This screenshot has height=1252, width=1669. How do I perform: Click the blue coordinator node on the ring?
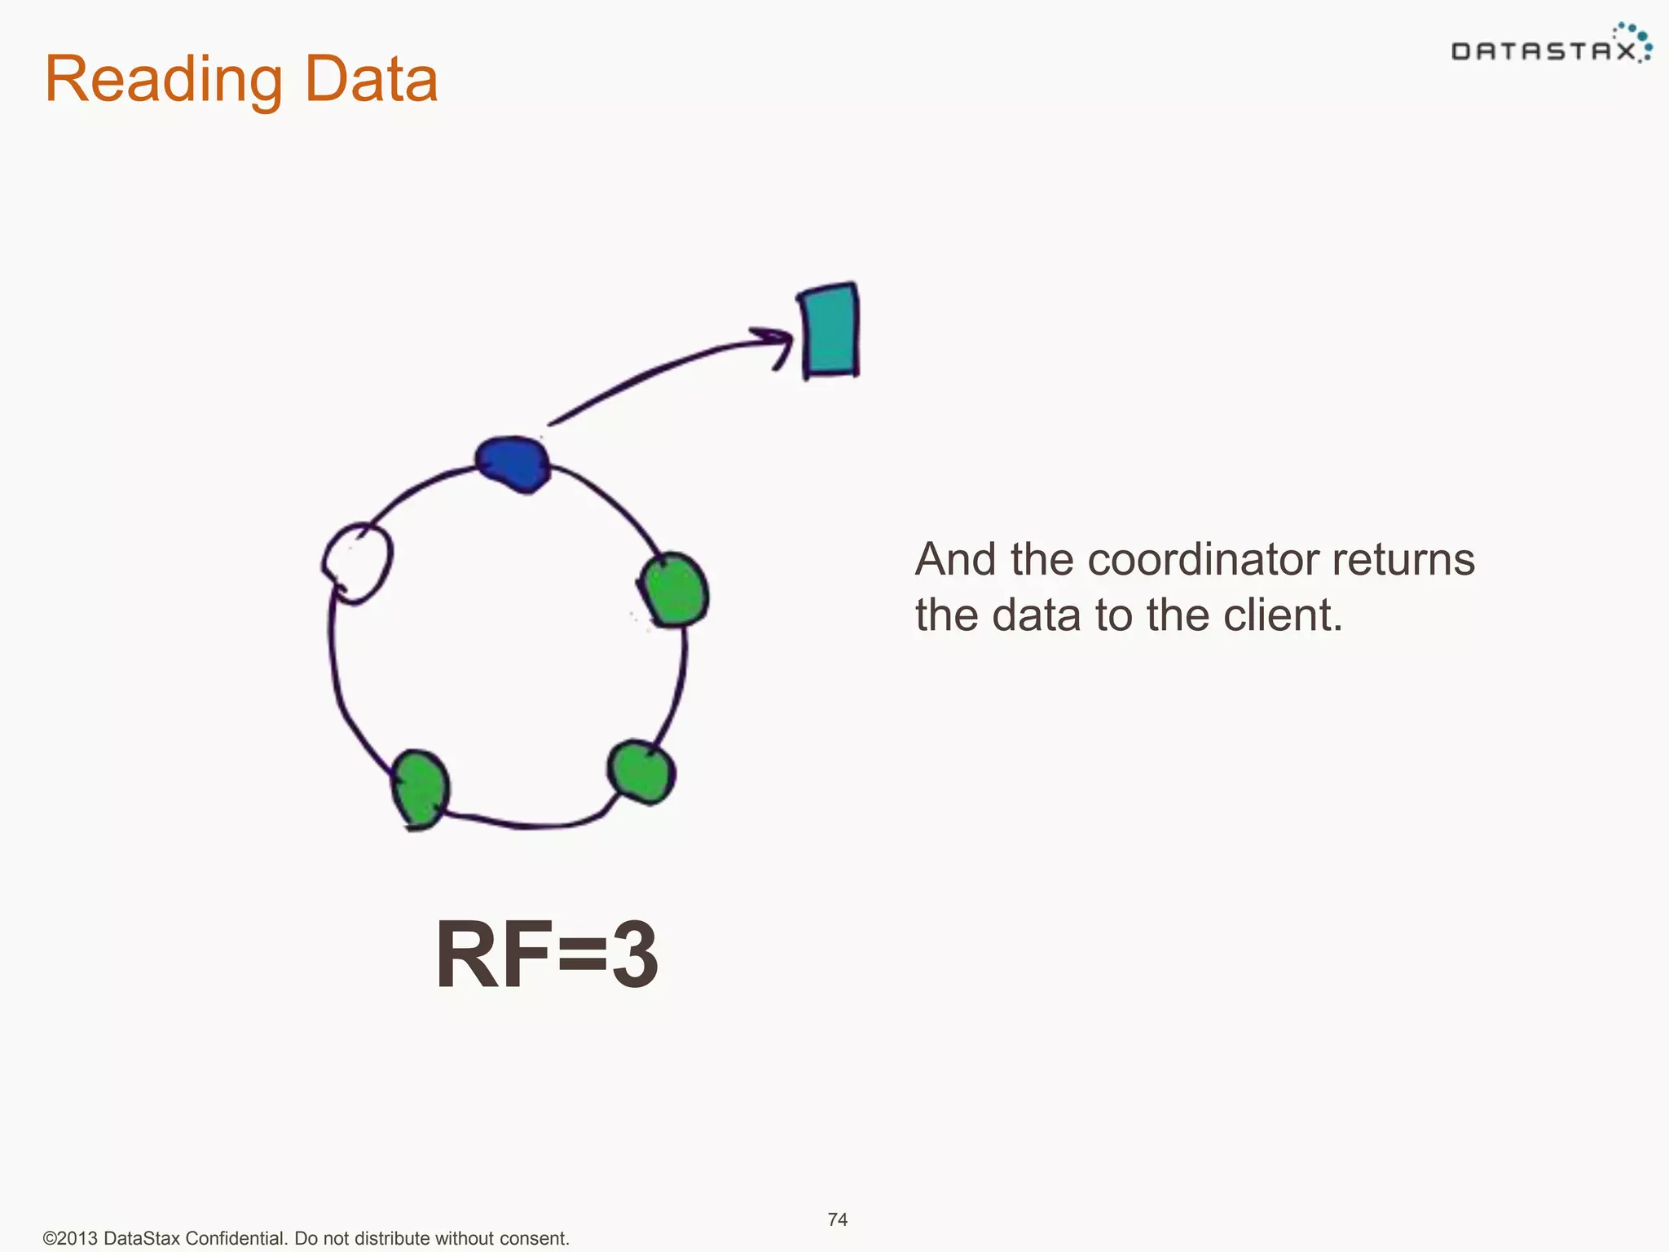click(x=513, y=465)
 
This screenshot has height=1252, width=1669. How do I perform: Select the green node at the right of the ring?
click(x=674, y=590)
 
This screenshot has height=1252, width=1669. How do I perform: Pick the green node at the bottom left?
click(x=420, y=788)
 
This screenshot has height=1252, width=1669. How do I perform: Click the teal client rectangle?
click(x=830, y=330)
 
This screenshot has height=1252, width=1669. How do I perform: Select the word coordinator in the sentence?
click(x=1204, y=560)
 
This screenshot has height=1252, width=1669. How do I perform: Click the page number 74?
click(x=837, y=1219)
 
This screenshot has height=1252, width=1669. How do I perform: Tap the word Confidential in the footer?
click(x=235, y=1238)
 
